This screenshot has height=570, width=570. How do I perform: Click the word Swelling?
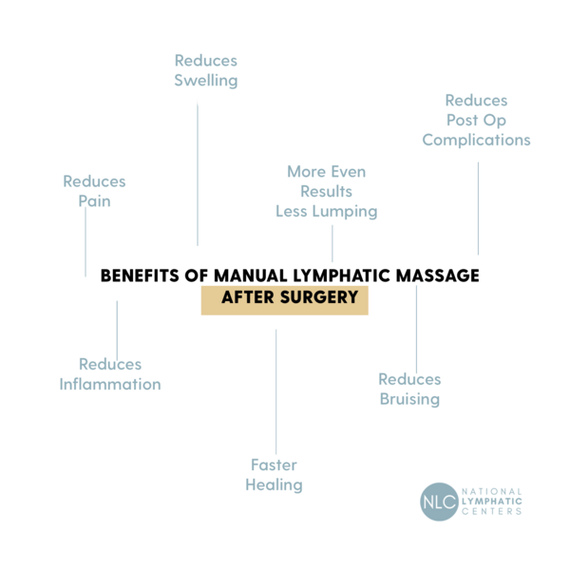pos(205,81)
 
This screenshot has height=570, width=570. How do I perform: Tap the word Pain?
pos(94,201)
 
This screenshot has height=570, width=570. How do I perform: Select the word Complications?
pos(476,140)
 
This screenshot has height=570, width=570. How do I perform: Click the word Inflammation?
pos(110,385)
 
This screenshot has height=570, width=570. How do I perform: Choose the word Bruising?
pos(409,399)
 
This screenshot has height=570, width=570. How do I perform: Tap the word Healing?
pos(274,485)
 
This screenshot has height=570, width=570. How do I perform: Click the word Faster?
pos(274,465)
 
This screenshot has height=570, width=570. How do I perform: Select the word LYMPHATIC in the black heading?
pos(308,276)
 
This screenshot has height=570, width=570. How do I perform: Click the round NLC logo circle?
pos(439,501)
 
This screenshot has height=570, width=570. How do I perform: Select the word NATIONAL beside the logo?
pos(491,491)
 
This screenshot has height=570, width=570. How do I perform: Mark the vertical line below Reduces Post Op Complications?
pos(478,208)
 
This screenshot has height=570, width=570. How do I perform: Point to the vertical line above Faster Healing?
pos(275,390)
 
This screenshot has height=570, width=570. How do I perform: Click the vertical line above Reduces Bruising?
pos(416,323)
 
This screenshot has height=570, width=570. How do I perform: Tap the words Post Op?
pos(476,120)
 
